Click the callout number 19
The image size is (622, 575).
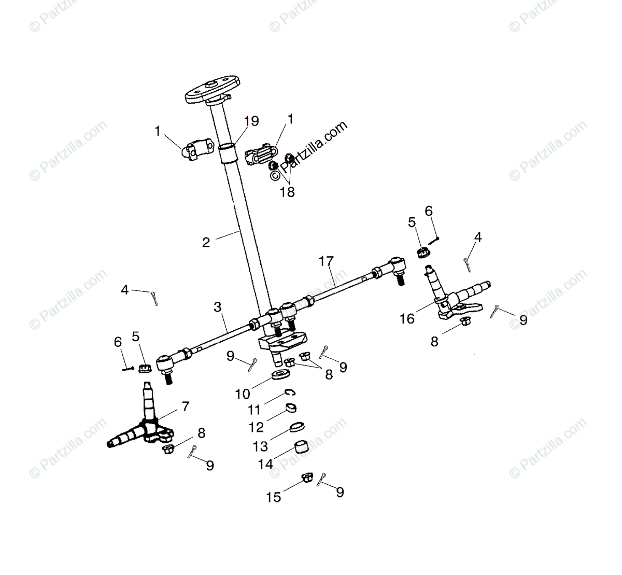251,122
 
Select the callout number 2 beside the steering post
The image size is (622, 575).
206,242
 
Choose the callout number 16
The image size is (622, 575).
407,318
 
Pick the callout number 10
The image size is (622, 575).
243,394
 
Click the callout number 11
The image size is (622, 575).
254,410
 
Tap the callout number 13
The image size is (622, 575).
260,446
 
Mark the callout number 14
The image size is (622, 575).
265,464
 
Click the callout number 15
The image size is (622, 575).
274,497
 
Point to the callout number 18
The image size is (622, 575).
287,192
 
